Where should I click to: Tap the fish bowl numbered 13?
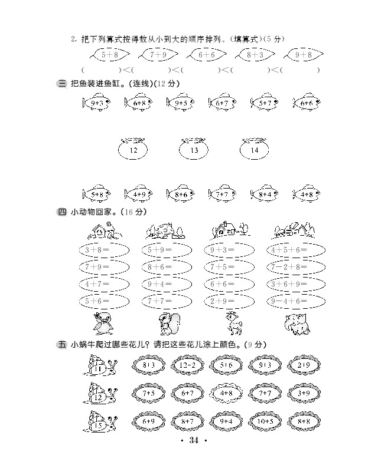click(x=194, y=150)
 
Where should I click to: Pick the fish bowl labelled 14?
click(x=255, y=150)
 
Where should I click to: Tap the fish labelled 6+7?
click(x=223, y=103)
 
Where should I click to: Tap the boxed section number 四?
click(x=62, y=212)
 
